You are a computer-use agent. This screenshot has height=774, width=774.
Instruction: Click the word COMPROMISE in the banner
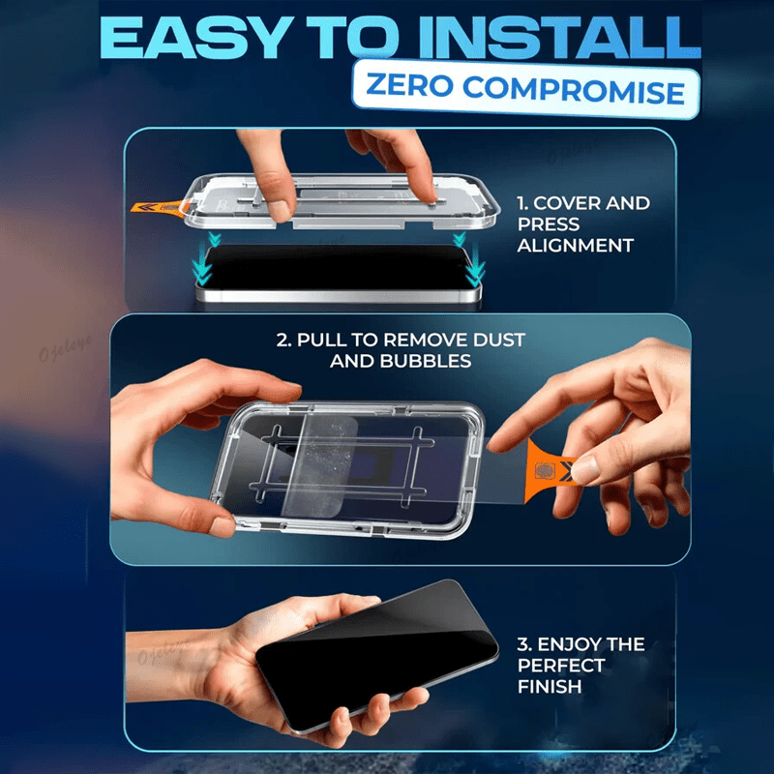(x=574, y=90)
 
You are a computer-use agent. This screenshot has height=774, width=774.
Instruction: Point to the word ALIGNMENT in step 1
(x=575, y=246)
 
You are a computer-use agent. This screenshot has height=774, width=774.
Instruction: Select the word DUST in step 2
(x=498, y=340)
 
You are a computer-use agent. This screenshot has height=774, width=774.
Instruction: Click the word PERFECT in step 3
(x=561, y=666)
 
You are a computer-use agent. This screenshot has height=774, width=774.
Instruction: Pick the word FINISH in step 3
(x=550, y=687)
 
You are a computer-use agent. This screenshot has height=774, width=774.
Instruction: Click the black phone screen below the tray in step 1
(x=336, y=267)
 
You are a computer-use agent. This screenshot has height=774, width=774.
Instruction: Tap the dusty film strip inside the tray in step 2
(x=320, y=465)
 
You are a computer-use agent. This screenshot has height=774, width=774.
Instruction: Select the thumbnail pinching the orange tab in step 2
(x=585, y=469)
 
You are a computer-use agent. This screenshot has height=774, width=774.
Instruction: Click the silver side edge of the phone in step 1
(x=338, y=295)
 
